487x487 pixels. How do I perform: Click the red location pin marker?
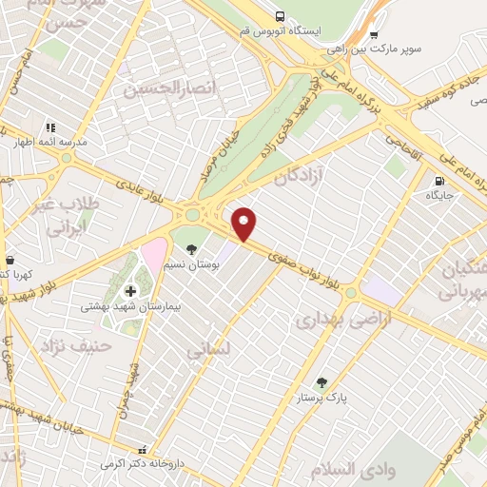point(245,223)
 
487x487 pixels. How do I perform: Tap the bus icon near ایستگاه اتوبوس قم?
point(280,16)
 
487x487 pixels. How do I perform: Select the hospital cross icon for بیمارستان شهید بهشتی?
point(130,290)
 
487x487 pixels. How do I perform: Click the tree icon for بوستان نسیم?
point(191,248)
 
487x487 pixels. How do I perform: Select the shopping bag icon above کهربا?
point(10,259)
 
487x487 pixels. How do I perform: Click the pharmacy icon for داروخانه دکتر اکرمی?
point(143,449)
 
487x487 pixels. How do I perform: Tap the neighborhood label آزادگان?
point(301,176)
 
